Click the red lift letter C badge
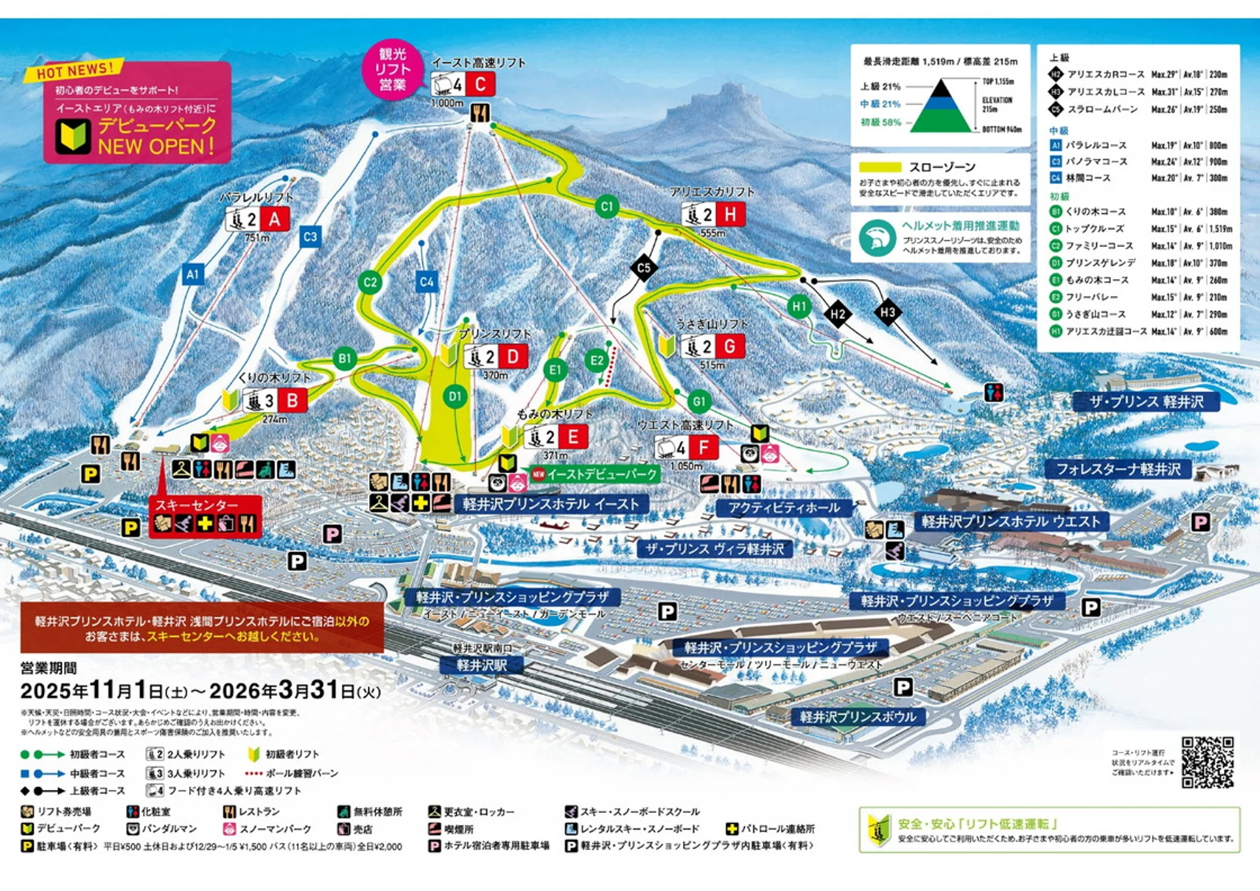pyautogui.click(x=480, y=84)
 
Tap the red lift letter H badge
pyautogui.click(x=730, y=214)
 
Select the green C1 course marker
pyautogui.click(x=607, y=206)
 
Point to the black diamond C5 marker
pyautogui.click(x=643, y=268)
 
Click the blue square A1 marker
pyautogui.click(x=193, y=274)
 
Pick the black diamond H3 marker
pyautogui.click(x=888, y=312)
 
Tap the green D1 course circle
pyautogui.click(x=455, y=396)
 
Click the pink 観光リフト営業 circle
pyautogui.click(x=392, y=69)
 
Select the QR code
pyautogui.click(x=1207, y=762)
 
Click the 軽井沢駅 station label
pyautogui.click(x=482, y=665)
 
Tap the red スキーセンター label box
pyautogui.click(x=205, y=515)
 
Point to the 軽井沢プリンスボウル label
pyautogui.click(x=857, y=716)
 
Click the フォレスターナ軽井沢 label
pyautogui.click(x=1118, y=469)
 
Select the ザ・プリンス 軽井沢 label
pyautogui.click(x=1146, y=401)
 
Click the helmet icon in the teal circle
pyautogui.click(x=877, y=238)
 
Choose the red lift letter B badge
pyautogui.click(x=292, y=400)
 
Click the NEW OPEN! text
pyautogui.click(x=156, y=147)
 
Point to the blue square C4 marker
pyautogui.click(x=427, y=282)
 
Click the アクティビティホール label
pyautogui.click(x=784, y=508)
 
